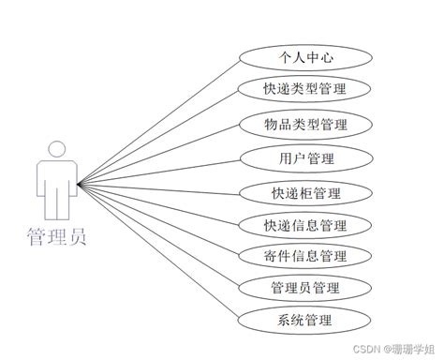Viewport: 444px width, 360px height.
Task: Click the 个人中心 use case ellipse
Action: click(x=305, y=58)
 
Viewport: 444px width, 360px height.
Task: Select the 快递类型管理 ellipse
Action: click(x=304, y=89)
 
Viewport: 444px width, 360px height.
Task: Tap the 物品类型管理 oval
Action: click(x=305, y=125)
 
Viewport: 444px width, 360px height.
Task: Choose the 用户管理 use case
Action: click(x=306, y=158)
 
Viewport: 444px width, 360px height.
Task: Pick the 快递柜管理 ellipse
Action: click(x=305, y=193)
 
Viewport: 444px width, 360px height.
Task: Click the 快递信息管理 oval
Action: click(x=305, y=225)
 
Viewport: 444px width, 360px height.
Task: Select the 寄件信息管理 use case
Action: click(x=305, y=256)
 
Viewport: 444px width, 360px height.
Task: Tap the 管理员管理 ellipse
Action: click(x=305, y=288)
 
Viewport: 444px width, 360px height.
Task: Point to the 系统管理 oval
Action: click(x=304, y=321)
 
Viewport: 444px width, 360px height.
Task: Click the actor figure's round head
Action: click(x=57, y=149)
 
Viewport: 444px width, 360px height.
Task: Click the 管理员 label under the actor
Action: click(x=56, y=237)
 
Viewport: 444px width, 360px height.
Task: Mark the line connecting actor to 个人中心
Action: click(x=158, y=123)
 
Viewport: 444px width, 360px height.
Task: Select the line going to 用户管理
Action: click(x=159, y=172)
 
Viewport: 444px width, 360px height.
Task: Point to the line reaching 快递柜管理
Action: click(x=158, y=189)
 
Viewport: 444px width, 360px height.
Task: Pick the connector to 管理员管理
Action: click(x=158, y=235)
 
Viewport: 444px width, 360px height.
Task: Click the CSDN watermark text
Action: click(x=393, y=349)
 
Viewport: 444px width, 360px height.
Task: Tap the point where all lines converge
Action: click(x=78, y=185)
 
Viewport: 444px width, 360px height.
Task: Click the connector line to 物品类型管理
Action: click(x=158, y=155)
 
